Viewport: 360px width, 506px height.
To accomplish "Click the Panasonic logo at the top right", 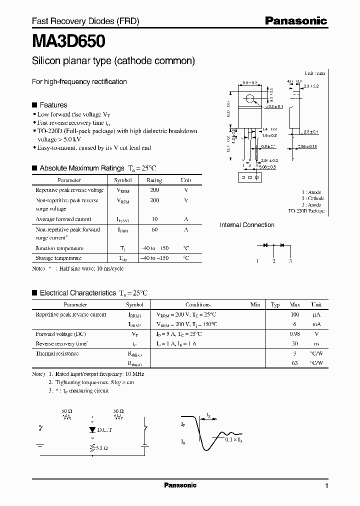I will (295, 21).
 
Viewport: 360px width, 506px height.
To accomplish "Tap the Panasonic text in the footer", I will (180, 485).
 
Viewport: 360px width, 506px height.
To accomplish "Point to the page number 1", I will (326, 486).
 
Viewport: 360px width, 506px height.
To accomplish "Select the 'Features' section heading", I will (53, 105).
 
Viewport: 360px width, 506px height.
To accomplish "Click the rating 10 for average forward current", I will (154, 219).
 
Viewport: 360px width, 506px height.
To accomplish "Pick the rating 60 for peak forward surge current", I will (154, 229).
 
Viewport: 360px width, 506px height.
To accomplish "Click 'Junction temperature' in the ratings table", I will (59, 248).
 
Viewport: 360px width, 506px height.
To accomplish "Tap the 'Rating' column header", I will (154, 180).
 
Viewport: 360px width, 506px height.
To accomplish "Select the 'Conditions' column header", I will (198, 304).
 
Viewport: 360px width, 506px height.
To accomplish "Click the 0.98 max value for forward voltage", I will (294, 334).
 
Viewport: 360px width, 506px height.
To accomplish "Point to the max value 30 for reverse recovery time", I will (294, 344).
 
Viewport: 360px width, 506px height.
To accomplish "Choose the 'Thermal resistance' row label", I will (57, 353).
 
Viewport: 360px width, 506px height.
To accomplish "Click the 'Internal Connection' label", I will (247, 225).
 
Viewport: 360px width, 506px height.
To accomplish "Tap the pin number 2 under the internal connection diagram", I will (273, 261).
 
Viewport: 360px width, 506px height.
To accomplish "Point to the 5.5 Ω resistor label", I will (101, 448).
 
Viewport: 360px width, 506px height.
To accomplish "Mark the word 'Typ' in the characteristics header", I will (275, 304).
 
